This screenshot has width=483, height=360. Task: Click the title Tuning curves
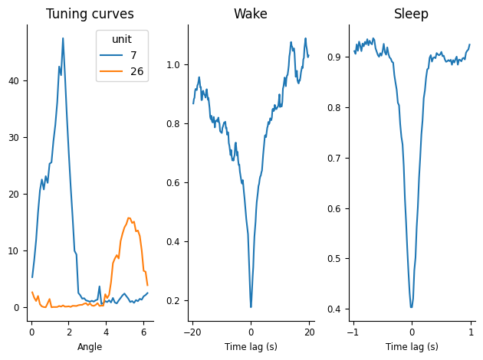pyautogui.click(x=90, y=14)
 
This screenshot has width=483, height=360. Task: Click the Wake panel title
pyautogui.click(x=251, y=14)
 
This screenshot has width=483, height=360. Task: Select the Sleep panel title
pyautogui.click(x=411, y=14)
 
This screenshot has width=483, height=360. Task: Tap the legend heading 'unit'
pyautogui.click(x=122, y=40)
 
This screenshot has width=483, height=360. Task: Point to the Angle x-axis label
pyautogui.click(x=90, y=347)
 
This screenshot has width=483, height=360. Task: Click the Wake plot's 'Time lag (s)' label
pyautogui.click(x=251, y=347)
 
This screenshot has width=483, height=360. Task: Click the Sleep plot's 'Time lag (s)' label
pyautogui.click(x=412, y=347)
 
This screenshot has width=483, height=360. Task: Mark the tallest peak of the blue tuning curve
pyautogui.click(x=63, y=38)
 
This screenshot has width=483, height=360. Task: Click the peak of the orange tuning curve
pyautogui.click(x=129, y=218)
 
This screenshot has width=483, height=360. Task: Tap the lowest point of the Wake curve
pyautogui.click(x=251, y=307)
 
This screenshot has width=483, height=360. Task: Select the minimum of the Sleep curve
pyautogui.click(x=412, y=307)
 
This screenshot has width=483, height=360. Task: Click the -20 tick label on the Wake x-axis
pyautogui.click(x=192, y=331)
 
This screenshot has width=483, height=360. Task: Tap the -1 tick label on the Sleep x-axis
pyautogui.click(x=353, y=331)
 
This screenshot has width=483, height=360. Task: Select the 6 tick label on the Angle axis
pyautogui.click(x=144, y=331)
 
